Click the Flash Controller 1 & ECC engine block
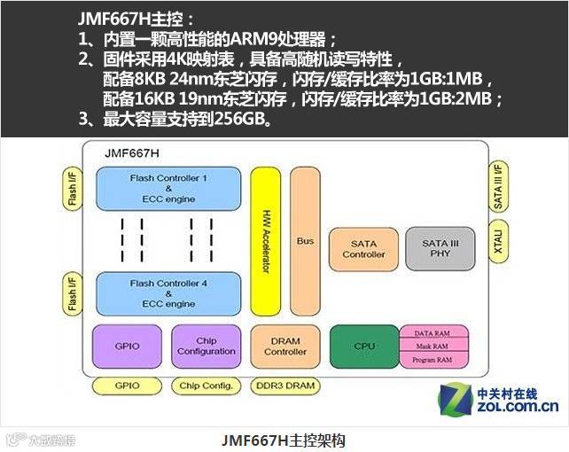pyautogui.click(x=168, y=189)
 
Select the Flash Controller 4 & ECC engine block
pyautogui.click(x=168, y=293)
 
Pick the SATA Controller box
pyautogui.click(x=364, y=249)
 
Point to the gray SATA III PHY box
pyautogui.click(x=438, y=249)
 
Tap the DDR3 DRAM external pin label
pyautogui.click(x=284, y=386)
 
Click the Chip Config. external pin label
pyautogui.click(x=207, y=386)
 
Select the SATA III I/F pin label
pyautogui.click(x=499, y=186)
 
